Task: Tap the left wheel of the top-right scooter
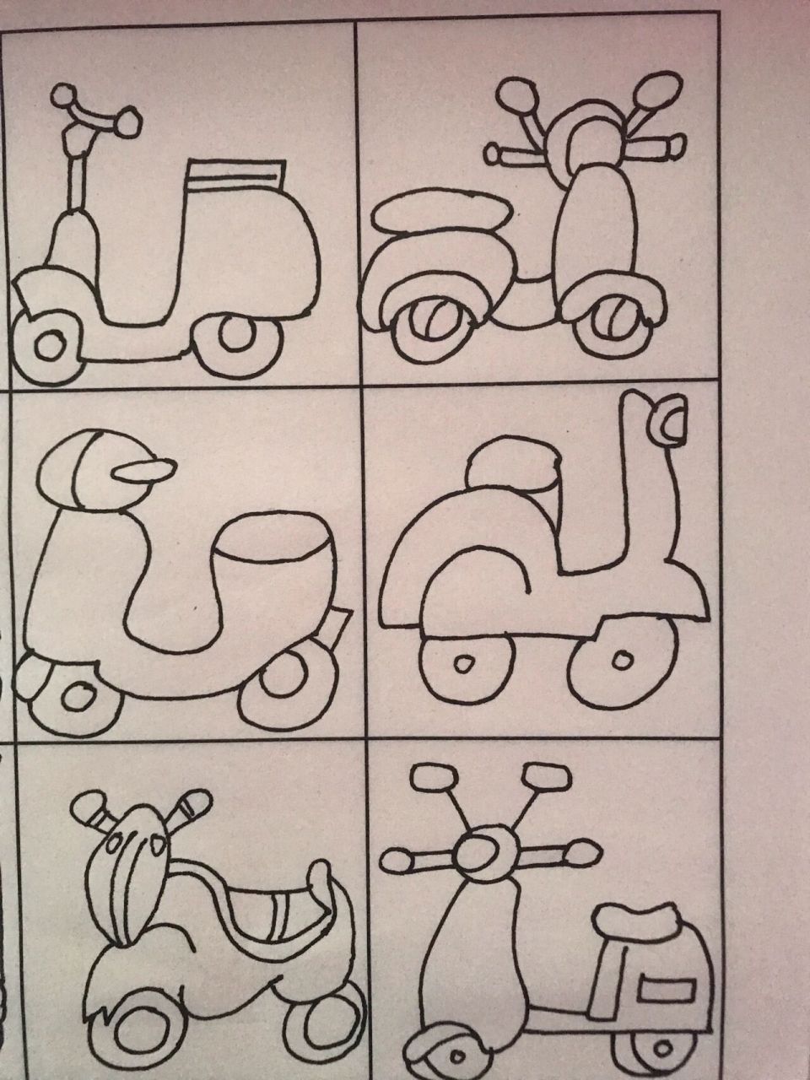click(x=427, y=325)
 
